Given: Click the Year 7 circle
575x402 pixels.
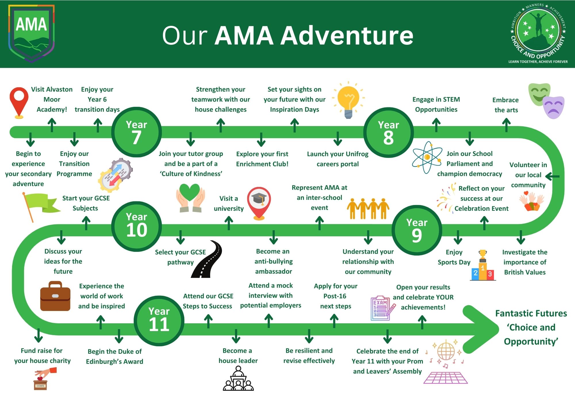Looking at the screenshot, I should tap(136, 132).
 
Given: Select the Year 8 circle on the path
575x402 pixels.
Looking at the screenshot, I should tap(388, 132).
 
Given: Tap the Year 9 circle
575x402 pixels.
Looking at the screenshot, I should tap(417, 230).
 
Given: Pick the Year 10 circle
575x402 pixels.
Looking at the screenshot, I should tap(137, 226).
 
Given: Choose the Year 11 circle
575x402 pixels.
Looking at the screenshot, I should tap(159, 321).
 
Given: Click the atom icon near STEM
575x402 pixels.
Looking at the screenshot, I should tap(427, 157).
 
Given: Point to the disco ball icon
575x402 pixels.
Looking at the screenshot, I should tap(446, 351).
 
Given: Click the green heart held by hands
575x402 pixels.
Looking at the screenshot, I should tap(190, 192).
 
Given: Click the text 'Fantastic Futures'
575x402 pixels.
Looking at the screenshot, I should tap(531, 313).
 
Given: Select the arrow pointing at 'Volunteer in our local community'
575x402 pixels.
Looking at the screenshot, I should tap(552, 176).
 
